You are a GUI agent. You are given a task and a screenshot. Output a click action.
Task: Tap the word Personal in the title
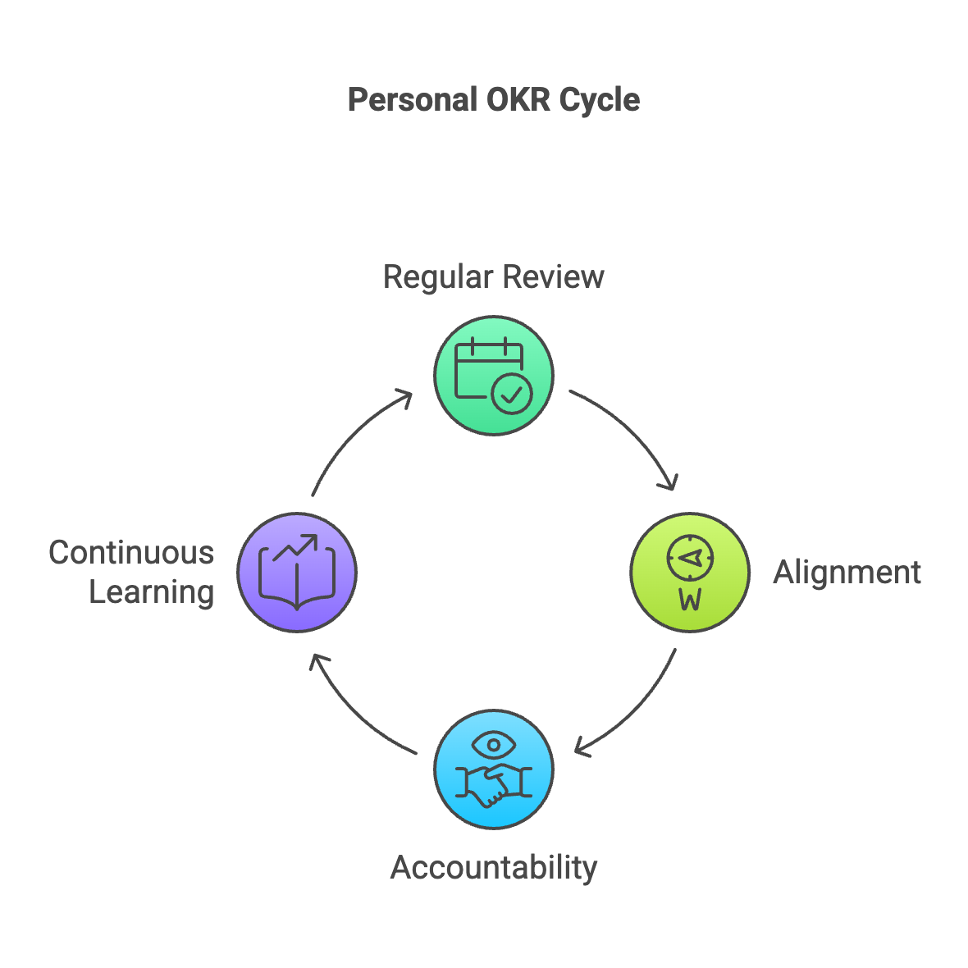[x=413, y=100]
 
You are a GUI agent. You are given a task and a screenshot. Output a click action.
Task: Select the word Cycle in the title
[x=600, y=100]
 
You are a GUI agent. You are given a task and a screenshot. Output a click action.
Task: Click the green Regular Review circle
[x=493, y=375]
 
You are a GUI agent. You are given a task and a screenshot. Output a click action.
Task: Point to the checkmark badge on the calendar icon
[x=512, y=395]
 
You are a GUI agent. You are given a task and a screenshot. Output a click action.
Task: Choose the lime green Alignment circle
[x=690, y=572]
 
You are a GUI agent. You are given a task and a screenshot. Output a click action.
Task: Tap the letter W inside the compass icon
[x=690, y=600]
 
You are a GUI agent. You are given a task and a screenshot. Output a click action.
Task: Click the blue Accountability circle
[x=493, y=769]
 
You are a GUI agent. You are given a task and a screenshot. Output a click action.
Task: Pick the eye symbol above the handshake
[x=493, y=746]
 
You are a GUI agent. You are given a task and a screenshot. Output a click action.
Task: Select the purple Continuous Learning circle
[x=296, y=572]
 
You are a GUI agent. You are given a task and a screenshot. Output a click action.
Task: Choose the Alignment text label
[x=847, y=572]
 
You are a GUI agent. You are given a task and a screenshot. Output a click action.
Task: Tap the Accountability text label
[x=493, y=867]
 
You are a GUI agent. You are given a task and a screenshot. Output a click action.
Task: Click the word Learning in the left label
[x=152, y=591]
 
